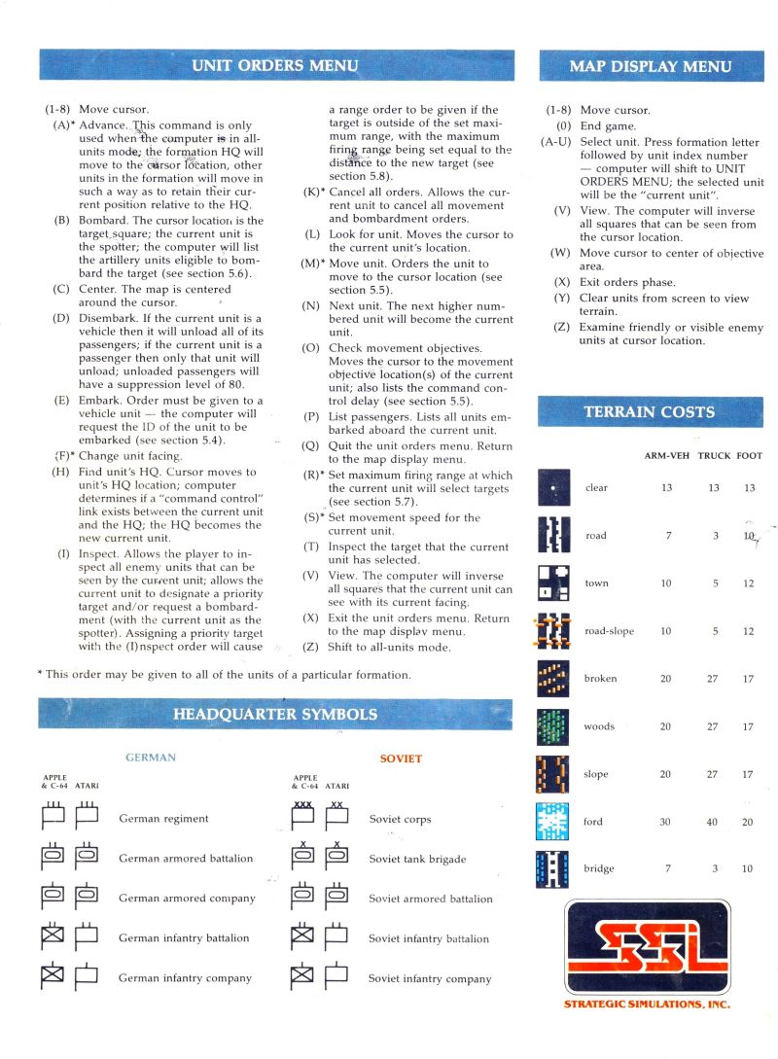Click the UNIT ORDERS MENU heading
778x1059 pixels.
[x=275, y=66]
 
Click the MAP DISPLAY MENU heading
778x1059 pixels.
[x=651, y=66]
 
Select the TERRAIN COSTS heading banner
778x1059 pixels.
[x=649, y=411]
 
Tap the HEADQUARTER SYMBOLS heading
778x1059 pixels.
[x=275, y=714]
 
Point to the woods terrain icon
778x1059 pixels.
[x=552, y=726]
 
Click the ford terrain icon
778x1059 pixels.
[x=552, y=822]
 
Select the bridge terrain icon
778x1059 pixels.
[x=552, y=868]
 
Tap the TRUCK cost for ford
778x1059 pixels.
[x=712, y=822]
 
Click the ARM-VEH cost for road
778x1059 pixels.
[x=666, y=536]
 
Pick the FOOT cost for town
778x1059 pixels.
[x=748, y=583]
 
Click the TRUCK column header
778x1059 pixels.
[x=714, y=456]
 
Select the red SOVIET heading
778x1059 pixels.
[x=401, y=759]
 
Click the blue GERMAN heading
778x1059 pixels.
[x=151, y=758]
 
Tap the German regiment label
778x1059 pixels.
[x=163, y=819]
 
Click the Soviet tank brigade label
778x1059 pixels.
[x=417, y=859]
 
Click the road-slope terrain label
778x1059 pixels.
[x=610, y=631]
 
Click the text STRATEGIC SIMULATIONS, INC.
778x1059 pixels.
[x=647, y=1004]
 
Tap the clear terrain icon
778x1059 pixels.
[x=552, y=487]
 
